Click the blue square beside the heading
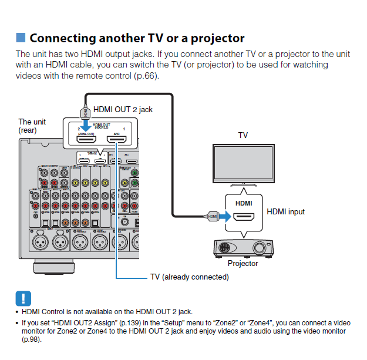[21, 38]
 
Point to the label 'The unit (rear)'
[32, 125]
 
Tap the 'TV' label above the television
[243, 135]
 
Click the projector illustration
[242, 247]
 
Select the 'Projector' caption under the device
[243, 264]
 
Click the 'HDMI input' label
[286, 211]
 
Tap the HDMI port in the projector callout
[244, 217]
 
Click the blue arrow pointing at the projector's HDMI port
[225, 217]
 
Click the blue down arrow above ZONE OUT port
[86, 125]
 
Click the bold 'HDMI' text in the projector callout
[244, 203]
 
